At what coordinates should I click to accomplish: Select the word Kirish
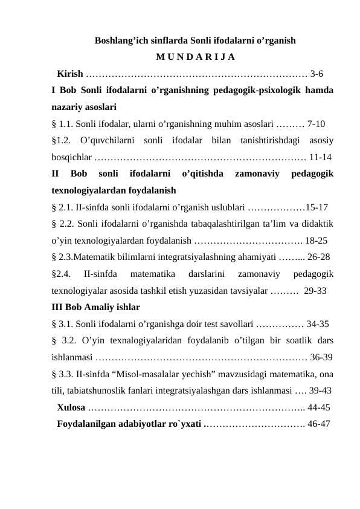(69, 75)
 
